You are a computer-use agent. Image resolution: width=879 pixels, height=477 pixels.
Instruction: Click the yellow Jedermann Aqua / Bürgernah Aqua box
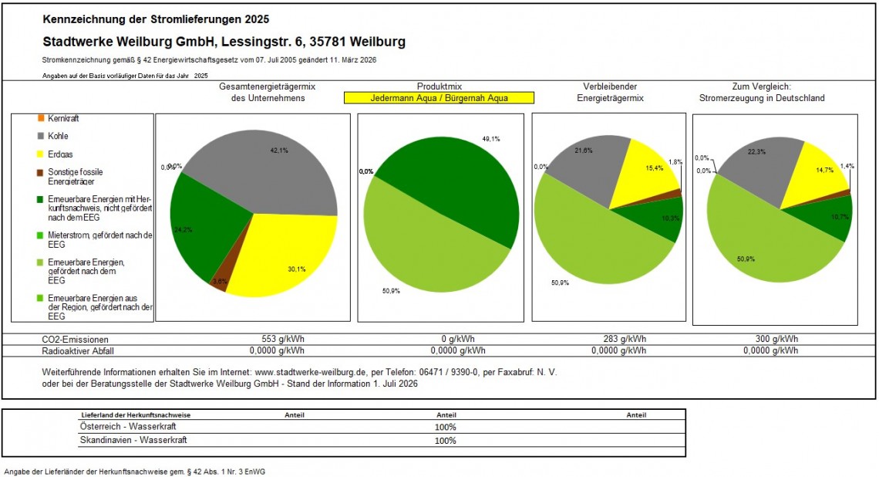(439, 98)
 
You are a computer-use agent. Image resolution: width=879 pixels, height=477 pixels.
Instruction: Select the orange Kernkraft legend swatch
(40, 118)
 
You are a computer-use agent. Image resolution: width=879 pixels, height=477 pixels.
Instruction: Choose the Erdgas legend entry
(55, 154)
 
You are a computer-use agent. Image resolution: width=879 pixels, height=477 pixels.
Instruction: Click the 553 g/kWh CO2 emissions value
(282, 339)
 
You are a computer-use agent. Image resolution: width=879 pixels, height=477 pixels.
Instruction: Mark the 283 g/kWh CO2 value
(625, 339)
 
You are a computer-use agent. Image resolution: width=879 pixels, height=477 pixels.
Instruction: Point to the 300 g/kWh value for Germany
(776, 339)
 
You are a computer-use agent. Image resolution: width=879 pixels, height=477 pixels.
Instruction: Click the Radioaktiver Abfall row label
(78, 351)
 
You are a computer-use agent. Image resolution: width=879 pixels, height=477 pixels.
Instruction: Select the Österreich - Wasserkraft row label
(128, 427)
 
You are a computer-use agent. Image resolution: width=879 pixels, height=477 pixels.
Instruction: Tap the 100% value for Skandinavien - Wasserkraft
(446, 441)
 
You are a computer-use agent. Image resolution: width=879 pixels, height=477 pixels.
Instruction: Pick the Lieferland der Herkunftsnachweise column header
(136, 415)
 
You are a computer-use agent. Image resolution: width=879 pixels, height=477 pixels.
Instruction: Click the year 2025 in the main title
(257, 19)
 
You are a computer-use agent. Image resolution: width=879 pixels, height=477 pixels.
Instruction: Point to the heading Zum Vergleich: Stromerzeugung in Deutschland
(762, 93)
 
